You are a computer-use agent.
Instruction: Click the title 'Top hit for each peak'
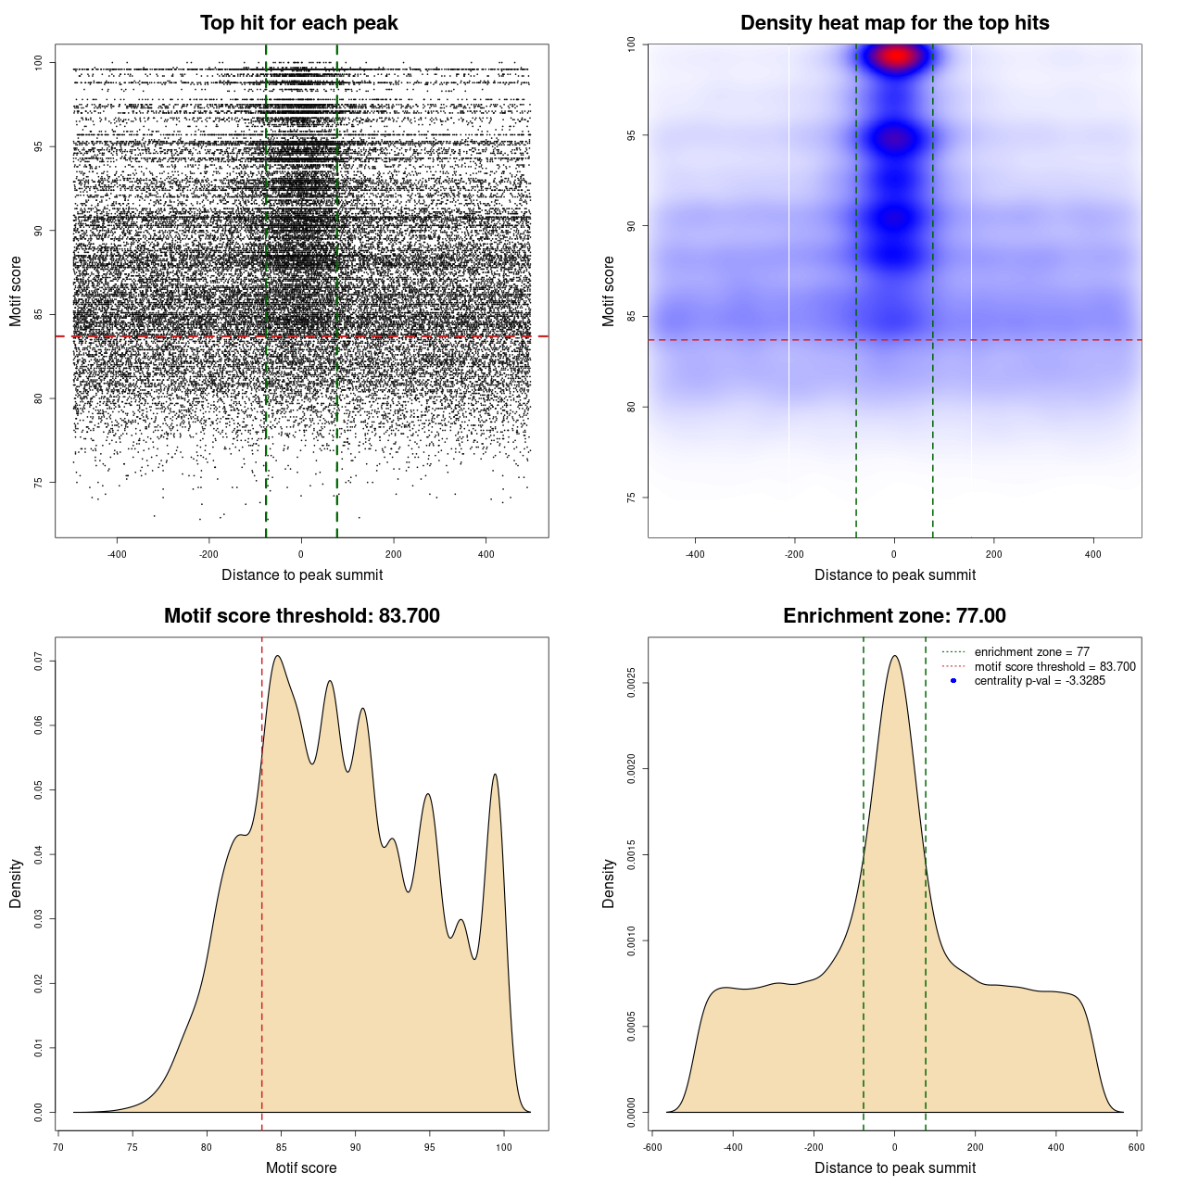click(298, 23)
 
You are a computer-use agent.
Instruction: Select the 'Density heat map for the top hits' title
click(894, 23)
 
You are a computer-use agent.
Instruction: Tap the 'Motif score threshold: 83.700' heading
click(301, 616)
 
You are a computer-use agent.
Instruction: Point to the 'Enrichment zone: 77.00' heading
click(894, 616)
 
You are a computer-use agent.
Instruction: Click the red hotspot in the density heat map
click(895, 57)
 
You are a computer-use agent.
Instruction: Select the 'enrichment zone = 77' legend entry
click(1031, 652)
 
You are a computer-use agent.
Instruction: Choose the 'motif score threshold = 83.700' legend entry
click(1054, 666)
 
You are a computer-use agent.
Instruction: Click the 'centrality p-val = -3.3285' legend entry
click(1040, 681)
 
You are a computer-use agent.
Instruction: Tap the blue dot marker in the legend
click(953, 681)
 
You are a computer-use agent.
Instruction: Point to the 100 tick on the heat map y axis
click(632, 44)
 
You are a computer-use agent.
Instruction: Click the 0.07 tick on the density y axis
click(39, 661)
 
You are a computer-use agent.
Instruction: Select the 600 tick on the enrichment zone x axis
click(1136, 1147)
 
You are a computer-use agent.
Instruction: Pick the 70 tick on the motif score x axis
click(58, 1147)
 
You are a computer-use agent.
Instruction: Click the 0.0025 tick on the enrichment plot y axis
click(632, 683)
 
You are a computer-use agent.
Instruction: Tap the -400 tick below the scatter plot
click(117, 554)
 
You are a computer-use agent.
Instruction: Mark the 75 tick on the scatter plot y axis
click(39, 483)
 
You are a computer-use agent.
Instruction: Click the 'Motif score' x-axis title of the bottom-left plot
click(301, 1167)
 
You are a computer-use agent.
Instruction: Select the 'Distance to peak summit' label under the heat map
click(894, 574)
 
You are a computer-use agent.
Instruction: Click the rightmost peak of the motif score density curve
click(495, 775)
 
